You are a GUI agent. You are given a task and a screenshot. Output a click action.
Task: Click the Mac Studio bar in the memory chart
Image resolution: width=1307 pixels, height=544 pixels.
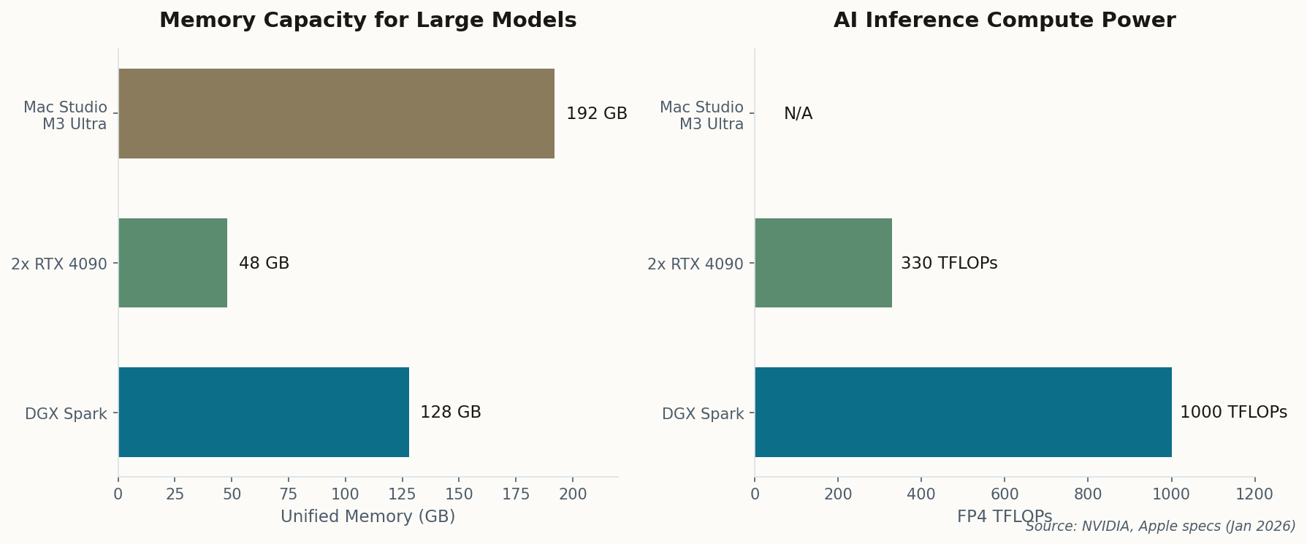(x=336, y=113)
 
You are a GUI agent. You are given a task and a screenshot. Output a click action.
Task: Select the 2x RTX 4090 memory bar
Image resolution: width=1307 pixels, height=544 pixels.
(x=172, y=263)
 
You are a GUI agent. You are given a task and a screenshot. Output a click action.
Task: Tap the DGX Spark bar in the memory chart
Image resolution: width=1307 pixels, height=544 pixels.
(x=263, y=413)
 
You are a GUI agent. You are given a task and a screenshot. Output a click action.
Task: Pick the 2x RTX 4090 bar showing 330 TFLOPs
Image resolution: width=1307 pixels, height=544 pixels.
(x=823, y=263)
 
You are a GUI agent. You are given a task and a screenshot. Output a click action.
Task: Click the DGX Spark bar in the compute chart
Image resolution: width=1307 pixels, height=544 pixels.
(x=963, y=413)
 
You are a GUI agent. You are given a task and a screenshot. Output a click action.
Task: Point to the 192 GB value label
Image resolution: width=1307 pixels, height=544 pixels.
(x=596, y=114)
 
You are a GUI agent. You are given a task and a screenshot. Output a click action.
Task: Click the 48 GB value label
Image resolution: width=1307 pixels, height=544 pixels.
(x=264, y=264)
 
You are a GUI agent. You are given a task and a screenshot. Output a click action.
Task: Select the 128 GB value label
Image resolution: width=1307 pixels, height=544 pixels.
(x=450, y=413)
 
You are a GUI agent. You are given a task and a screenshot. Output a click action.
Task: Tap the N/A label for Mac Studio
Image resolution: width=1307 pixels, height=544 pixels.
(x=798, y=114)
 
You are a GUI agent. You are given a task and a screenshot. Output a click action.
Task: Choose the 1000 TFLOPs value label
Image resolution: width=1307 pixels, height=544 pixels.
(x=1233, y=413)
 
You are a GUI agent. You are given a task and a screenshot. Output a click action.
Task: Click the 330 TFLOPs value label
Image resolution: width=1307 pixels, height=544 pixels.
(x=948, y=264)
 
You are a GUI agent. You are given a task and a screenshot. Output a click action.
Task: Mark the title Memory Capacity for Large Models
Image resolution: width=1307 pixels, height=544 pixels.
(x=367, y=20)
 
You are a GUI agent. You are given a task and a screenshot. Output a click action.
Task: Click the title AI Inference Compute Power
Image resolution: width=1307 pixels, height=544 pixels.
(x=1004, y=20)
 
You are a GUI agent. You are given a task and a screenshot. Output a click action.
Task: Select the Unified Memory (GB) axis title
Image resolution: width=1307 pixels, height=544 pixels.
(x=367, y=517)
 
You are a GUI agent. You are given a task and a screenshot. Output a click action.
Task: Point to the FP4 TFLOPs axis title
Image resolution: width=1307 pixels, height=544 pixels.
(x=1004, y=516)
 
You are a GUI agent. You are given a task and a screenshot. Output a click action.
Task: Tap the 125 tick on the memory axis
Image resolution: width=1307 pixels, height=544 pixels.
(x=402, y=494)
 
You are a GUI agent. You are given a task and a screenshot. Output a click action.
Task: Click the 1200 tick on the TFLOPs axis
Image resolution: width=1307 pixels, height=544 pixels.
(x=1254, y=494)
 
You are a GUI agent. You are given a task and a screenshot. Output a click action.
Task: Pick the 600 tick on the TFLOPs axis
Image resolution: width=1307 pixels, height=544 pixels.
(x=1004, y=494)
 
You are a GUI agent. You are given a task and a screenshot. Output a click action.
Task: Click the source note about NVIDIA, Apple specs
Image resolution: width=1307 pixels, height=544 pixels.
(x=1159, y=526)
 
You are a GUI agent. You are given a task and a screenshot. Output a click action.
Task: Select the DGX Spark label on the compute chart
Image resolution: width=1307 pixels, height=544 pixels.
(x=702, y=414)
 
